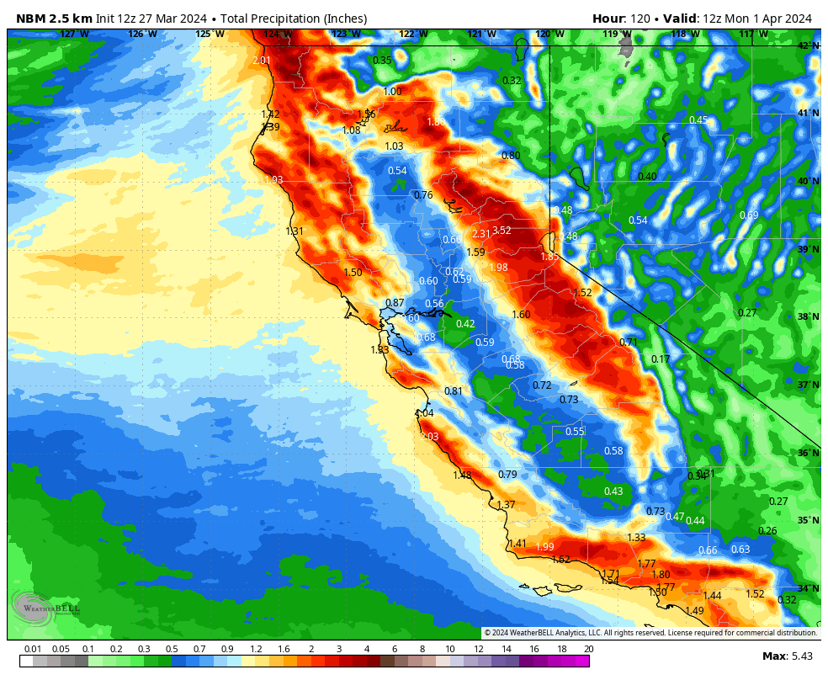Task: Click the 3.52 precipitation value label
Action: pyautogui.click(x=502, y=231)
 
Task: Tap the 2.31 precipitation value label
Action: pyautogui.click(x=480, y=234)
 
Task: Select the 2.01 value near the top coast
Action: pyautogui.click(x=262, y=61)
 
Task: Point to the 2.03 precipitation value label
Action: pyautogui.click(x=429, y=437)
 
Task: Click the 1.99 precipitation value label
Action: pyautogui.click(x=544, y=547)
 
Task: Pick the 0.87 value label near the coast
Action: pyautogui.click(x=395, y=303)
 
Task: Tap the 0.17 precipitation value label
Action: pyautogui.click(x=661, y=359)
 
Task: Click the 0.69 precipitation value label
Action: pyautogui.click(x=749, y=215)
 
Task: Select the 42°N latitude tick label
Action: pyautogui.click(x=808, y=45)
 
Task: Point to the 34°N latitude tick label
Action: pyautogui.click(x=808, y=588)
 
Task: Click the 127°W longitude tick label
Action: pyautogui.click(x=74, y=35)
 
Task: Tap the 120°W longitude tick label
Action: pyautogui.click(x=549, y=35)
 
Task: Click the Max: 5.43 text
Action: pyautogui.click(x=788, y=656)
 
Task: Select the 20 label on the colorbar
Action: pyautogui.click(x=588, y=649)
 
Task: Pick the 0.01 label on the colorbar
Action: pyautogui.click(x=34, y=649)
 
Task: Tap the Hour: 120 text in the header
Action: pyautogui.click(x=621, y=19)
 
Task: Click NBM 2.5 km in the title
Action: pyautogui.click(x=54, y=19)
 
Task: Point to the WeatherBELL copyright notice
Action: pyautogui.click(x=650, y=633)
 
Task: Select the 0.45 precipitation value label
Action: pyautogui.click(x=698, y=120)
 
